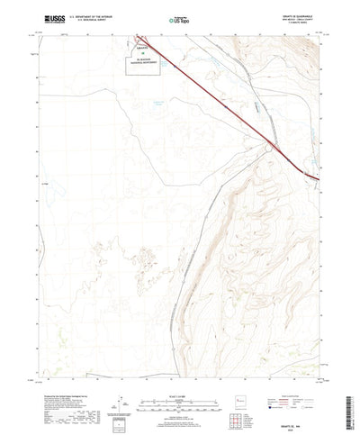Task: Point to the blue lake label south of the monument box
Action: point(135,104)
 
